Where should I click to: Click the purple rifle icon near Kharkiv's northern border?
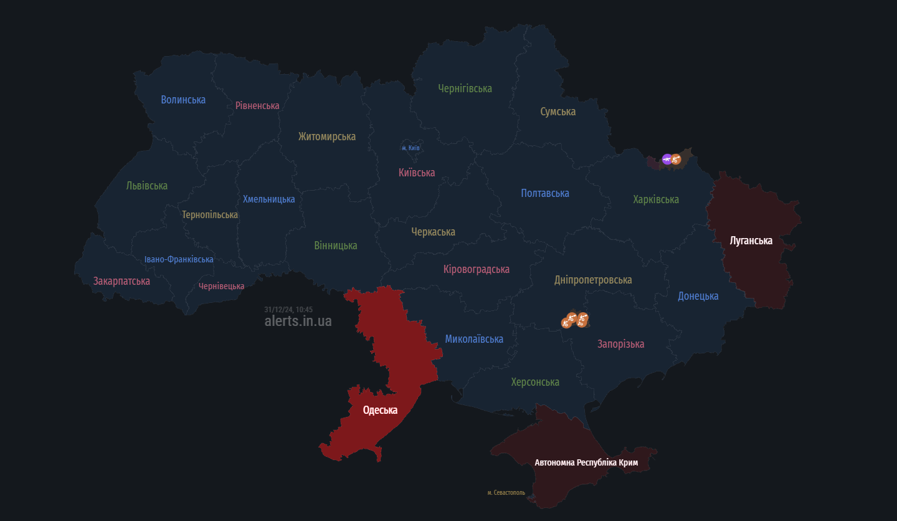pos(667,159)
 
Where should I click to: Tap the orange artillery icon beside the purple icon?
pos(676,160)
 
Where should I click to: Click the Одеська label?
pos(380,409)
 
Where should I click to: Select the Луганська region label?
pos(751,240)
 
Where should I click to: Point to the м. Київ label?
pos(411,148)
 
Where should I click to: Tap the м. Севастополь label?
pos(506,492)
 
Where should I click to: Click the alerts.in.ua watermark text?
pos(298,321)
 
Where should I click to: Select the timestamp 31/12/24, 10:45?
pos(288,309)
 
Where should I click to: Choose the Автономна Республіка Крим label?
pos(586,462)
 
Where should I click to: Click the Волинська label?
pos(183,100)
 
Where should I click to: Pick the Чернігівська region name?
pos(465,88)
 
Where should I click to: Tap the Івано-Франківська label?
pos(179,259)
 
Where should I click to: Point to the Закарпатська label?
pos(121,281)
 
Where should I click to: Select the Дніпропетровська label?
pos(593,280)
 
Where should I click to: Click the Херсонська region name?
pos(535,382)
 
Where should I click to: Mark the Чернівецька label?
pos(221,286)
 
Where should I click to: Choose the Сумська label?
pos(558,112)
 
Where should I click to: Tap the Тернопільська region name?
pos(210,214)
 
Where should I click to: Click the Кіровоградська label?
pos(477,269)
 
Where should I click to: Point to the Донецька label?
pos(698,296)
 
